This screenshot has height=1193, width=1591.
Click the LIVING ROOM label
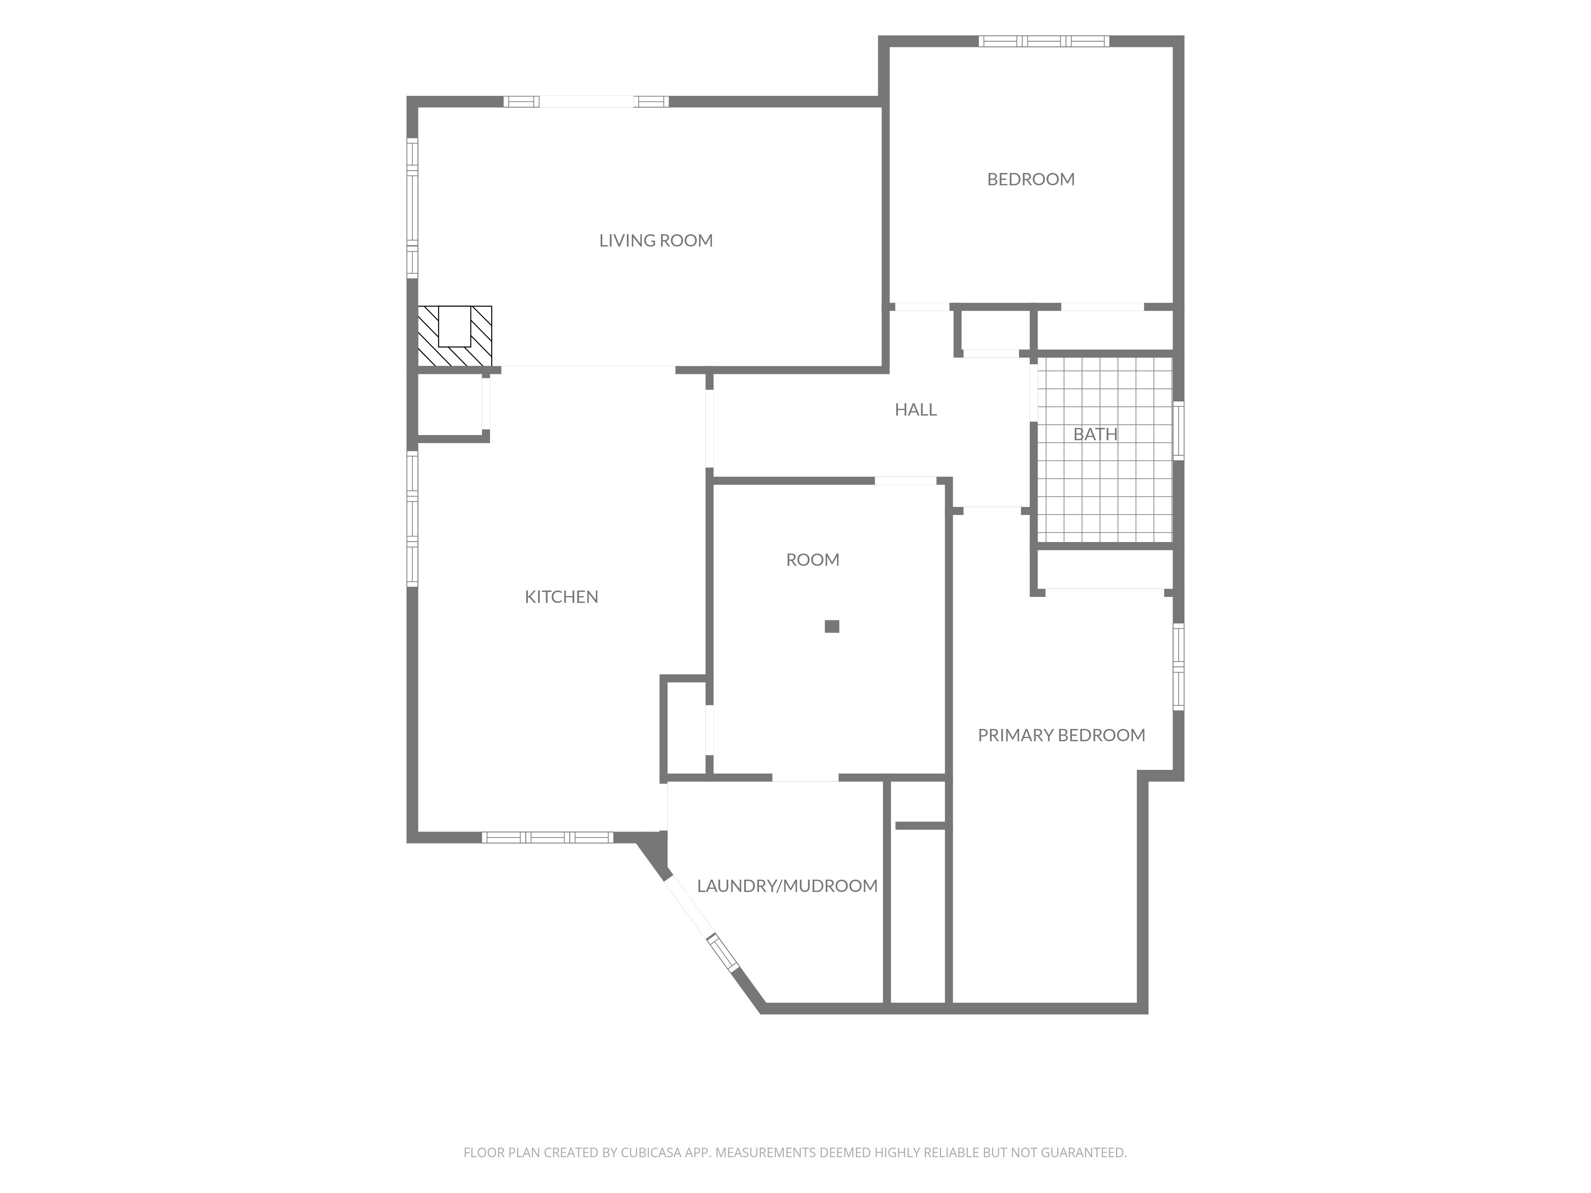point(656,240)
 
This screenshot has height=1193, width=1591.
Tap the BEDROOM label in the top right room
point(1031,179)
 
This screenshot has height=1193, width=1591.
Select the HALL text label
point(916,409)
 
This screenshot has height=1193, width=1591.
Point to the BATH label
point(1095,433)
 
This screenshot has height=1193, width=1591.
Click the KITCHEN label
point(561,596)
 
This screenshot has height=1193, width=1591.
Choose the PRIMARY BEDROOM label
point(1062,735)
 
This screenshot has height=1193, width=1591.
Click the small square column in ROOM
point(832,626)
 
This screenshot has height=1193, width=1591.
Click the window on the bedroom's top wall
point(1044,41)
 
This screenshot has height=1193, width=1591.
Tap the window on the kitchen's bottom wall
point(547,837)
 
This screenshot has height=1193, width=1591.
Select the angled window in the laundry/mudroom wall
point(723,953)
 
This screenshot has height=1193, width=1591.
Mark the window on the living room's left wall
point(412,208)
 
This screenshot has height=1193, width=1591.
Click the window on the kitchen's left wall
point(412,519)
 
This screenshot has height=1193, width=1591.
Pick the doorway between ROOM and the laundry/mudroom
point(805,777)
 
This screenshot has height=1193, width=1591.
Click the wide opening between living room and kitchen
point(588,369)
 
